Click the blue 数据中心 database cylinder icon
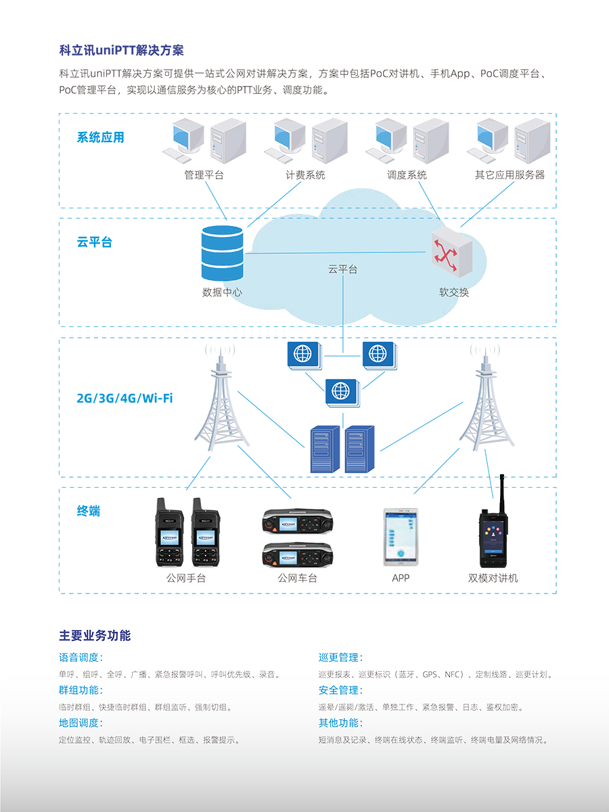pyautogui.click(x=222, y=253)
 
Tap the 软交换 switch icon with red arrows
pyautogui.click(x=452, y=252)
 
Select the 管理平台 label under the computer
pyautogui.click(x=204, y=175)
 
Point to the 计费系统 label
pyautogui.click(x=305, y=175)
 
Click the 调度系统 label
pyautogui.click(x=407, y=175)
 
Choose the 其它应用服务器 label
pyautogui.click(x=510, y=175)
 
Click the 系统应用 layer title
pyautogui.click(x=101, y=137)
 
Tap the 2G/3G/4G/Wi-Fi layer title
pyautogui.click(x=125, y=398)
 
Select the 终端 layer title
pyautogui.click(x=89, y=511)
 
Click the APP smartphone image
pyautogui.click(x=401, y=537)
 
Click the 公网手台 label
pyautogui.click(x=186, y=578)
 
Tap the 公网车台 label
pyautogui.click(x=298, y=578)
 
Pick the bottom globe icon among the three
pyautogui.click(x=342, y=392)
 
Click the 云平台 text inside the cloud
pyautogui.click(x=343, y=269)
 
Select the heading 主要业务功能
pyautogui.click(x=95, y=635)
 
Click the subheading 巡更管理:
pyautogui.click(x=340, y=657)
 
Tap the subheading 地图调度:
pyautogui.click(x=81, y=723)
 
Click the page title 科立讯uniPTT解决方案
pyautogui.click(x=121, y=50)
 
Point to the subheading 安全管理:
pyautogui.click(x=340, y=690)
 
